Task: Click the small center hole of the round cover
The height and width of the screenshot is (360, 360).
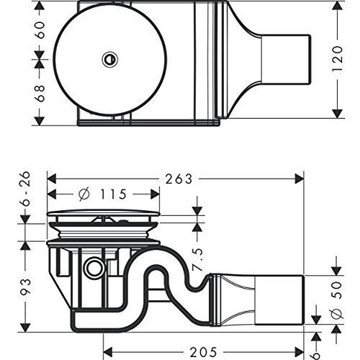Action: pyautogui.click(x=110, y=58)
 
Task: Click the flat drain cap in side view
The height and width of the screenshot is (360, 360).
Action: pyautogui.click(x=103, y=213)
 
